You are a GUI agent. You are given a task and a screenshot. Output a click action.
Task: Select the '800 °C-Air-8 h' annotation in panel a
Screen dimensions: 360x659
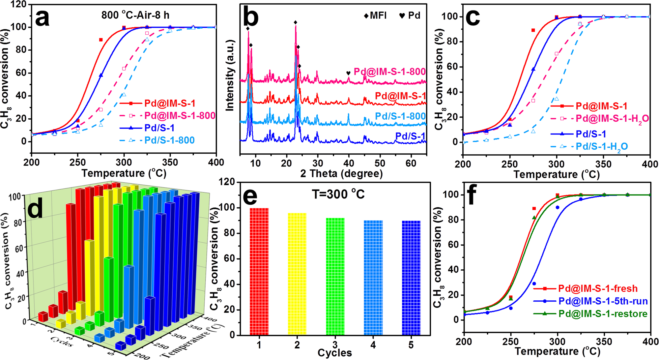[x=135, y=15]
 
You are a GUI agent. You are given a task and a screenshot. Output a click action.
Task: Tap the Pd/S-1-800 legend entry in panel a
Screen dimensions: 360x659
[x=169, y=140]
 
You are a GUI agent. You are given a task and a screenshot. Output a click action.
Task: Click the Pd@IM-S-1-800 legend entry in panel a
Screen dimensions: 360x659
[x=180, y=116]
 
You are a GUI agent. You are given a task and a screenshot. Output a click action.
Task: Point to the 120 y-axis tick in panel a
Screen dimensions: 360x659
[x=19, y=4]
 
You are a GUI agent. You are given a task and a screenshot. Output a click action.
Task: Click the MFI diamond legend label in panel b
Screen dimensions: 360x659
[x=375, y=15]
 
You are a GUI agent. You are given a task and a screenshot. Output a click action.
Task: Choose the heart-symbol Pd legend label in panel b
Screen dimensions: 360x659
[x=410, y=15]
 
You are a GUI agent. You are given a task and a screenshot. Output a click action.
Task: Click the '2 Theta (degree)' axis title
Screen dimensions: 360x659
[x=341, y=173]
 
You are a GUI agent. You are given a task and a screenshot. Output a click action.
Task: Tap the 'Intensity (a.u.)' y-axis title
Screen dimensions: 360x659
[x=230, y=75]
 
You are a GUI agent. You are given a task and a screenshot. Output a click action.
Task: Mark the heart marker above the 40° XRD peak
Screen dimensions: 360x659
[x=348, y=73]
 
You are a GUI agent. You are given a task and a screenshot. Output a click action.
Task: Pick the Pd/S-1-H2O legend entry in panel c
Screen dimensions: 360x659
[x=601, y=147]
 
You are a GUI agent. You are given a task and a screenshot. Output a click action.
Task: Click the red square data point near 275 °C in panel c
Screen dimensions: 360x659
[x=533, y=30]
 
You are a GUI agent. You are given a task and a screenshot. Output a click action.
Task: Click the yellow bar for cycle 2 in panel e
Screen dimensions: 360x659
[x=297, y=274]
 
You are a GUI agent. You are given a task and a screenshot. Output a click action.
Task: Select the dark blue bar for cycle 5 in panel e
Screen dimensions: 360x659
[x=411, y=278]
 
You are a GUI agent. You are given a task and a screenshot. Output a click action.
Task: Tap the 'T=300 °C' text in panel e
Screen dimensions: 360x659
[x=338, y=194]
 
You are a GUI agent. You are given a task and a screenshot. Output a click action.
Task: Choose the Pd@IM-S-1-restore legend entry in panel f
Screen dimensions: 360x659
[x=603, y=314]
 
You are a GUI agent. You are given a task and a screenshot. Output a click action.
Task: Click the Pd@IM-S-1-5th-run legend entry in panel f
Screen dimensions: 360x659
[x=603, y=301]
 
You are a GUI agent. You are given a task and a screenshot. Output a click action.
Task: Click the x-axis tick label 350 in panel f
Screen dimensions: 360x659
[x=604, y=342]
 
